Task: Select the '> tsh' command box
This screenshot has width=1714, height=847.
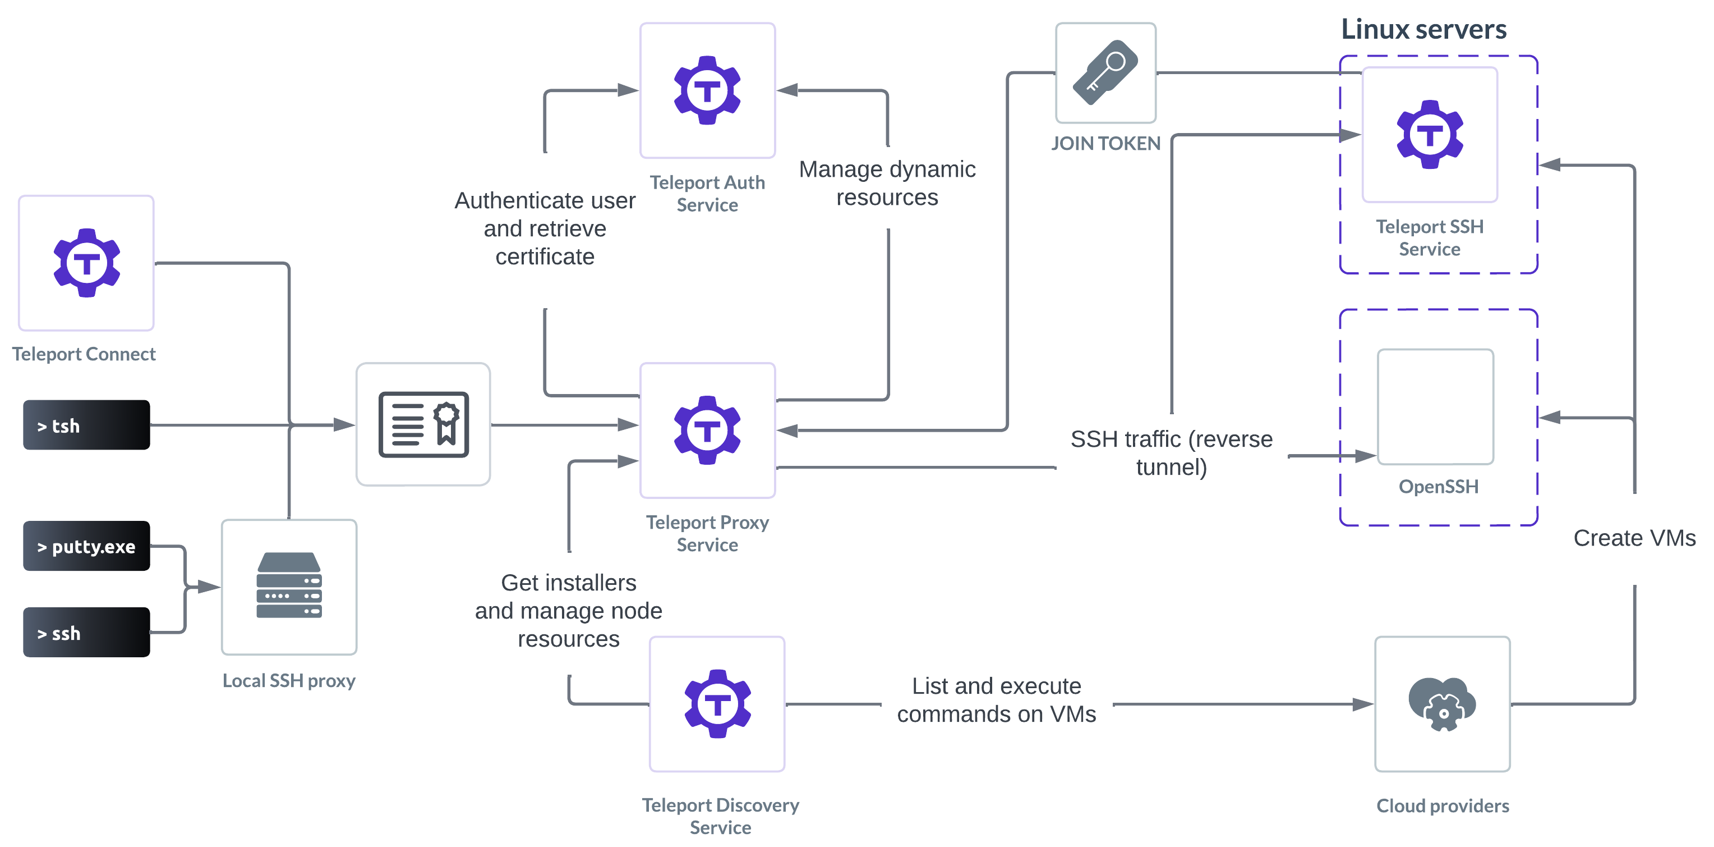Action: tap(86, 425)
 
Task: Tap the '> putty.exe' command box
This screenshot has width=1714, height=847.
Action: tap(86, 547)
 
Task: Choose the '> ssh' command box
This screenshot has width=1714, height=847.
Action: tap(86, 633)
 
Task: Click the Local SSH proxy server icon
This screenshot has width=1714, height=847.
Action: tap(289, 586)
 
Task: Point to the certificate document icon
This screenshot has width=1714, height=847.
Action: tap(423, 424)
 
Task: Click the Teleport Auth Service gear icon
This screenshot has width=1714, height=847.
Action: tap(707, 90)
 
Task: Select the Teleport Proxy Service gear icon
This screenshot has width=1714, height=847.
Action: tap(707, 429)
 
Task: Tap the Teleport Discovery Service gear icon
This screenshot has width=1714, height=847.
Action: tap(717, 703)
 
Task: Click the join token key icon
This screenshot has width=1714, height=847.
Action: tap(1105, 72)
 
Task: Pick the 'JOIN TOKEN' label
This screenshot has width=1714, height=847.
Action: tap(1105, 143)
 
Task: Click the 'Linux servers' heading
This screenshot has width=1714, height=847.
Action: tap(1423, 29)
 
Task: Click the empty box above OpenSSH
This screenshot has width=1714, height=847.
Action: tap(1435, 406)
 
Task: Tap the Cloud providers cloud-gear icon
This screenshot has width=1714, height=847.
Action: tap(1442, 704)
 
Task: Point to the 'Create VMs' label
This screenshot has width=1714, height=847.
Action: tap(1634, 538)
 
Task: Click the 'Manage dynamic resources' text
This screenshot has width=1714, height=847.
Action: tap(887, 183)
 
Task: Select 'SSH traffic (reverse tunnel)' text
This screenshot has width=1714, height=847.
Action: tap(1171, 453)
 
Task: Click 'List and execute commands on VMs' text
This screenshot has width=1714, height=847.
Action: tap(996, 700)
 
